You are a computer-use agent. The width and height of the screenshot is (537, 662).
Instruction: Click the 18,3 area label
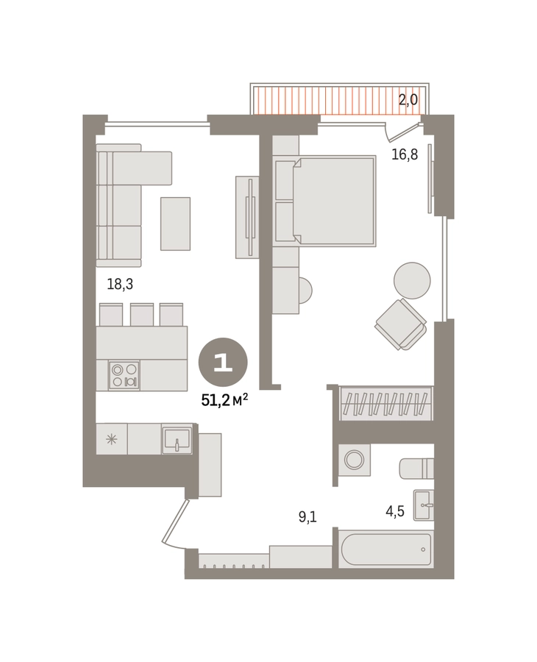[120, 284]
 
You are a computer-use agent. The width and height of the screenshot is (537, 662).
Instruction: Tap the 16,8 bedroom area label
[405, 154]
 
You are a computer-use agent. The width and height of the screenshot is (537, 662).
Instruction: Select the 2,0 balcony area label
[408, 99]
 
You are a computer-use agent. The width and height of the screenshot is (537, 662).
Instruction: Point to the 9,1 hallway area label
[307, 516]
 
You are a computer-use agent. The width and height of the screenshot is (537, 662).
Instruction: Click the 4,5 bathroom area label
[395, 511]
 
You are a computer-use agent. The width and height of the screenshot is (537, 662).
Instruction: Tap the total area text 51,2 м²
[224, 400]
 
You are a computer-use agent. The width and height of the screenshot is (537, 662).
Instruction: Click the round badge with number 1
[223, 362]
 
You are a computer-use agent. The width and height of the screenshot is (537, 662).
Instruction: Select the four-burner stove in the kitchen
[124, 375]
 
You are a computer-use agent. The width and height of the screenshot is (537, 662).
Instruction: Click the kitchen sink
[177, 440]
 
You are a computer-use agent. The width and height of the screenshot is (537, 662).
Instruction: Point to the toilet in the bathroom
[416, 469]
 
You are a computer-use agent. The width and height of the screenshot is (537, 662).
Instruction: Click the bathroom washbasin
[424, 505]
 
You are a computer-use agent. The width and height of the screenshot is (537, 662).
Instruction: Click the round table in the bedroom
[412, 281]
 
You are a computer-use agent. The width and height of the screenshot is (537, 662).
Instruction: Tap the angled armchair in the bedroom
[401, 324]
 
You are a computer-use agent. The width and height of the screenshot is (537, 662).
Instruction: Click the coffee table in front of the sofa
[175, 224]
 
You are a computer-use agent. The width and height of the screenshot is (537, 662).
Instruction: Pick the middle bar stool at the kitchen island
[142, 315]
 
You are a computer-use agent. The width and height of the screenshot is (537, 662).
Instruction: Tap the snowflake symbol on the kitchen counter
[112, 440]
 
